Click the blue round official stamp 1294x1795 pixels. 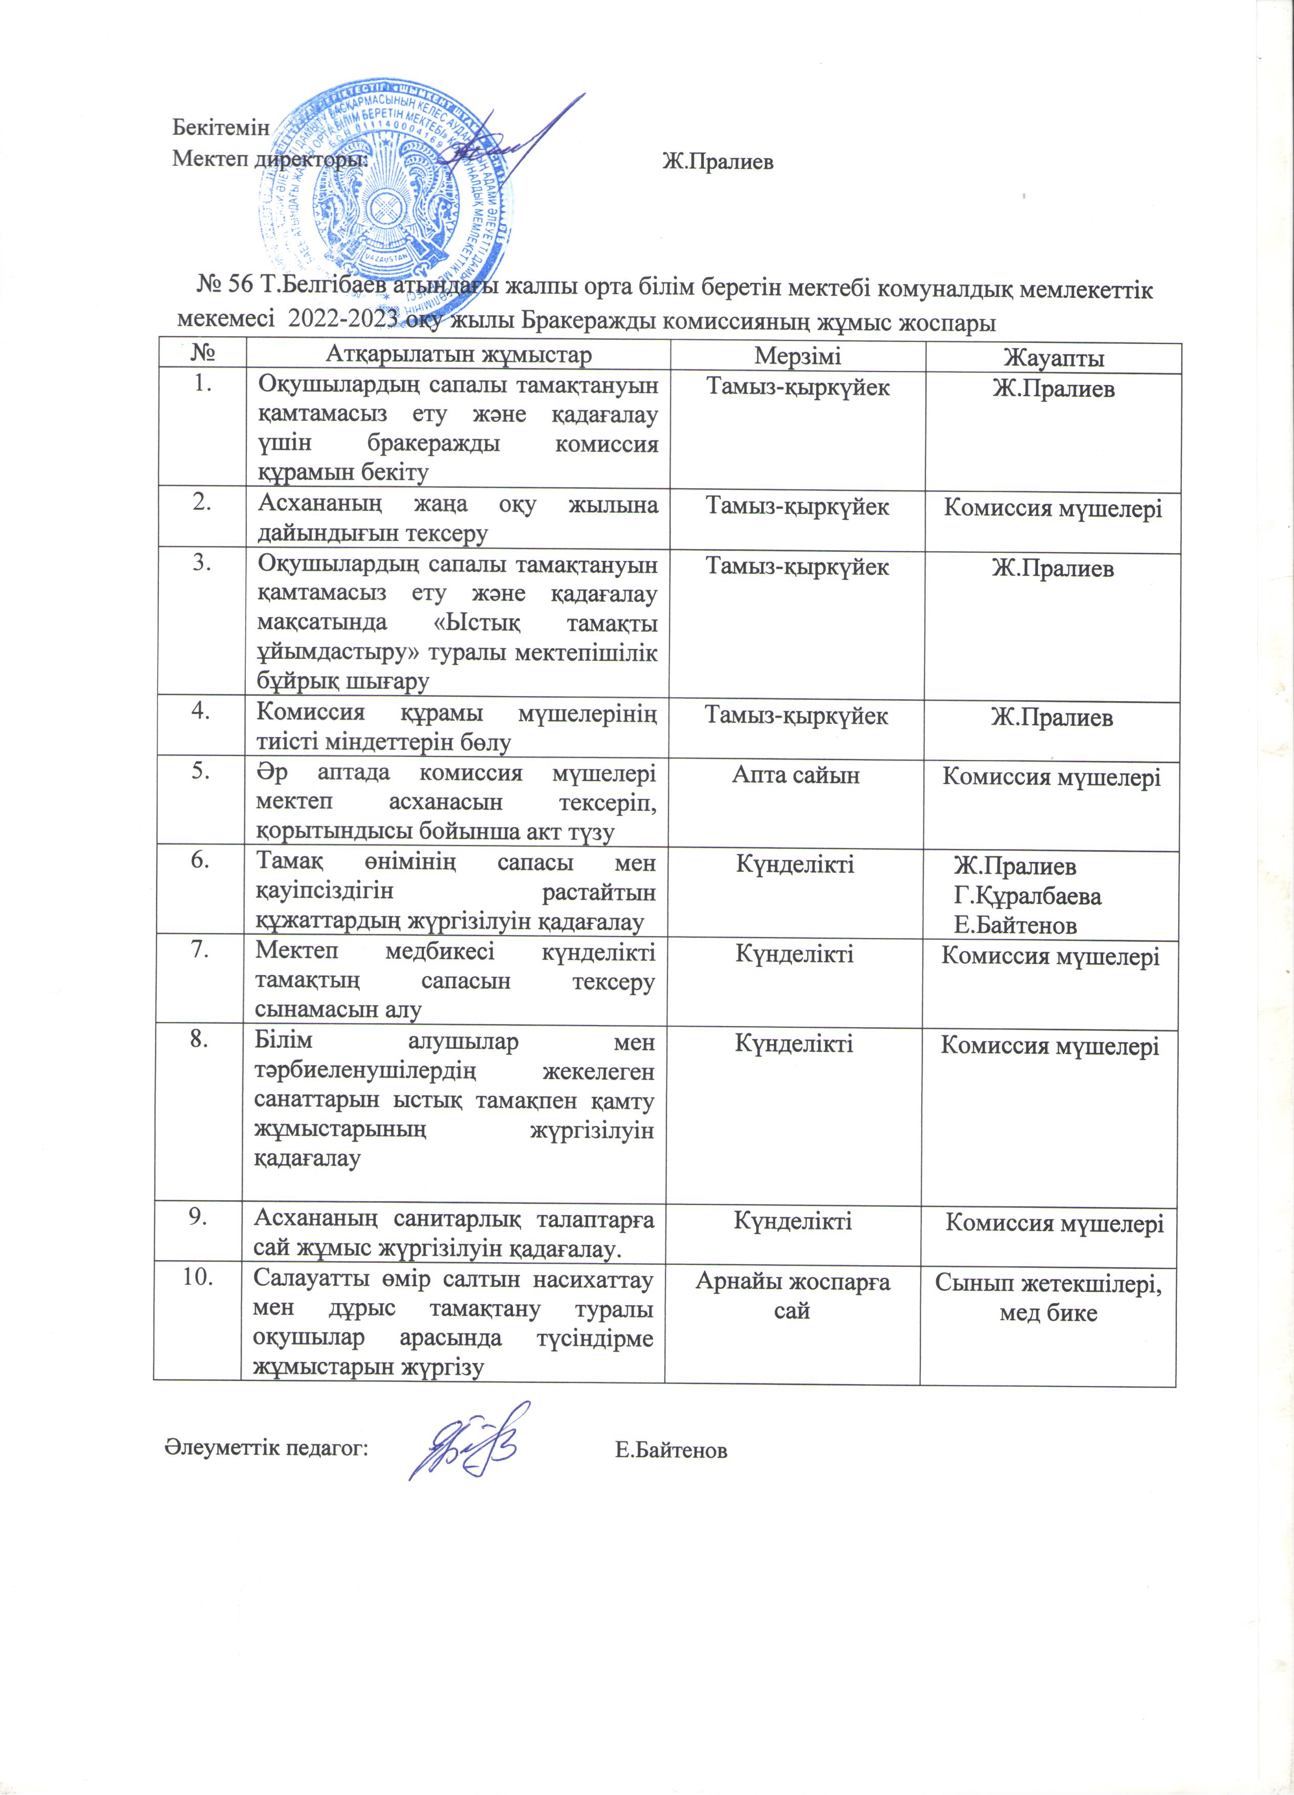[386, 189]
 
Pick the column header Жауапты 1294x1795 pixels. [1053, 358]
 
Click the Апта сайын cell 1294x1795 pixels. [795, 775]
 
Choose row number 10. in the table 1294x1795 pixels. [198, 1280]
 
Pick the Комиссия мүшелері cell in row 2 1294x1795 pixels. [1052, 508]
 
